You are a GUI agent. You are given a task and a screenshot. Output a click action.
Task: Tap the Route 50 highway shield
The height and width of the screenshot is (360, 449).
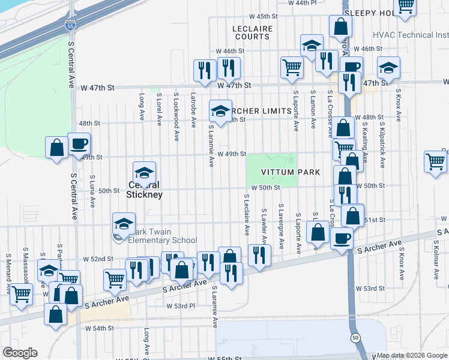(x=355, y=338)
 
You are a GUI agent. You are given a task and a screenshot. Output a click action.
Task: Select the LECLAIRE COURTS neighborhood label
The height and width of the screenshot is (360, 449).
(x=252, y=32)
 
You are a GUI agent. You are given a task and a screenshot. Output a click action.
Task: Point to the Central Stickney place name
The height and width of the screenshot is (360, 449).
(x=144, y=190)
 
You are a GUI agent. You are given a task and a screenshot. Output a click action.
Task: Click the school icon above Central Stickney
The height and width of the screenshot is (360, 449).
(x=144, y=173)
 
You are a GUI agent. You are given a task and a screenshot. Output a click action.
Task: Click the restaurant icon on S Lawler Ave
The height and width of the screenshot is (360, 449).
(x=259, y=254)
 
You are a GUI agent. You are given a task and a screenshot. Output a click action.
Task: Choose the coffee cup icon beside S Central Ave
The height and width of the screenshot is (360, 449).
(x=79, y=144)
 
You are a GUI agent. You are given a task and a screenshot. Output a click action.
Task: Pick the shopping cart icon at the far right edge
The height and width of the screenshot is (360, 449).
(x=435, y=161)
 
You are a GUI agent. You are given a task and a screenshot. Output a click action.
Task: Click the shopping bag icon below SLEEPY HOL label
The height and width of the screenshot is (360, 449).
(x=340, y=27)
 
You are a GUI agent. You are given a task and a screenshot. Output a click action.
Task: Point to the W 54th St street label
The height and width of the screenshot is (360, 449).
(x=99, y=328)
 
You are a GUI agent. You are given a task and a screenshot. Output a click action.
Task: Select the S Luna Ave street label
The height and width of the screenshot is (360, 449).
(x=93, y=191)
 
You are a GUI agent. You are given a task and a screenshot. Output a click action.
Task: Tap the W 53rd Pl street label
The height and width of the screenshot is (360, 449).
(x=181, y=306)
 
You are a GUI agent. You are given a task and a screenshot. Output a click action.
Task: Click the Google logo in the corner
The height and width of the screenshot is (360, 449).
(x=20, y=353)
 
